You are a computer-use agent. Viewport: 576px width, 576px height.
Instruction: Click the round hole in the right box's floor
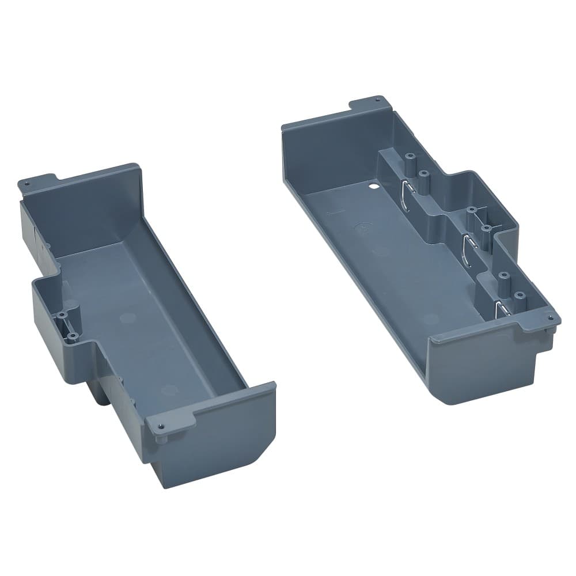click(372, 187)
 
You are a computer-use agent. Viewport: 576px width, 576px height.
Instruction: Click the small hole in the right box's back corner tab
click(377, 100)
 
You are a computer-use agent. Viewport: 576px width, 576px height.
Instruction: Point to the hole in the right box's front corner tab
click(551, 317)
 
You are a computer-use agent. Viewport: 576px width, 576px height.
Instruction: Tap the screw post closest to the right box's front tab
click(520, 295)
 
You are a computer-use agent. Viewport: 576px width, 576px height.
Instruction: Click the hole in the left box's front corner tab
click(160, 426)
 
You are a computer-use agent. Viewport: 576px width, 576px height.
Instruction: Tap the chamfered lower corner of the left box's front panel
click(262, 455)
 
